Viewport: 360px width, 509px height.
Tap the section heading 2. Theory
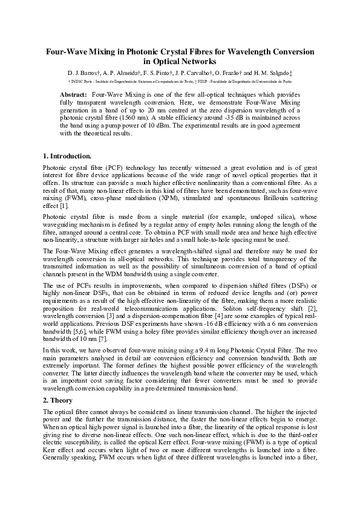58,400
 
